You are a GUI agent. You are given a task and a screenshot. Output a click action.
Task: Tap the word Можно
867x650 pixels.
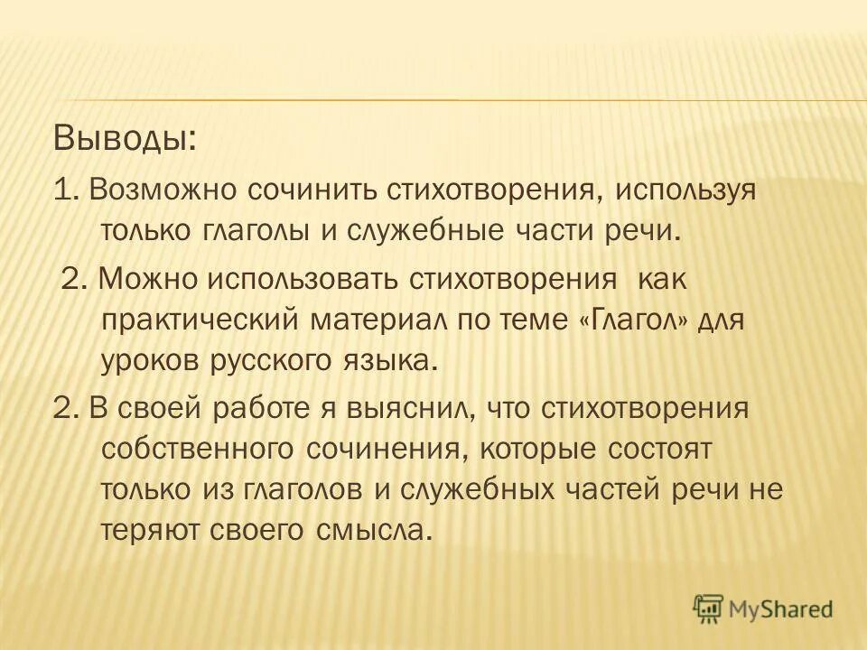(x=146, y=279)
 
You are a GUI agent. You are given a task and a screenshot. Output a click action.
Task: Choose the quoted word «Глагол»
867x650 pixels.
(x=635, y=320)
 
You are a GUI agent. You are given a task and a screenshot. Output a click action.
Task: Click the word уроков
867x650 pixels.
(x=149, y=363)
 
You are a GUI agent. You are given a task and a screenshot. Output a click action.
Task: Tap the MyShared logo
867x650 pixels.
(x=763, y=609)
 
